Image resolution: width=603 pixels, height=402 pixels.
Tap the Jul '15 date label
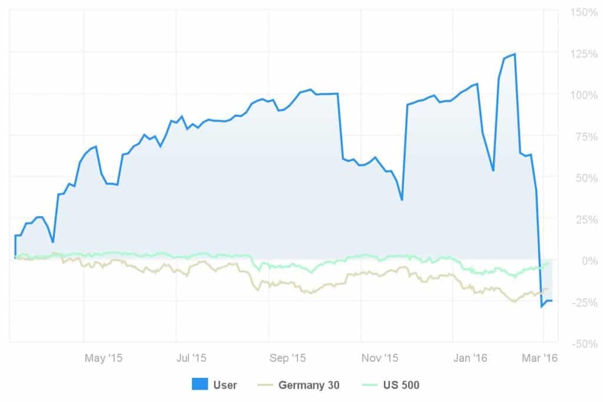click(x=192, y=358)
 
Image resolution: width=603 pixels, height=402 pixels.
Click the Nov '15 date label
click(x=380, y=358)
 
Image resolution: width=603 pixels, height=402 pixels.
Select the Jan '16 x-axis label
click(x=471, y=358)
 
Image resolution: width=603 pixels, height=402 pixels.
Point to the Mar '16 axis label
click(x=541, y=358)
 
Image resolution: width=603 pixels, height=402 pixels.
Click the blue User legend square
click(x=200, y=385)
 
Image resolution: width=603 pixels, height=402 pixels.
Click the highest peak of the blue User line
click(x=515, y=54)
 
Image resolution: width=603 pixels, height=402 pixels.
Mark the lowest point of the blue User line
click(x=542, y=307)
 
